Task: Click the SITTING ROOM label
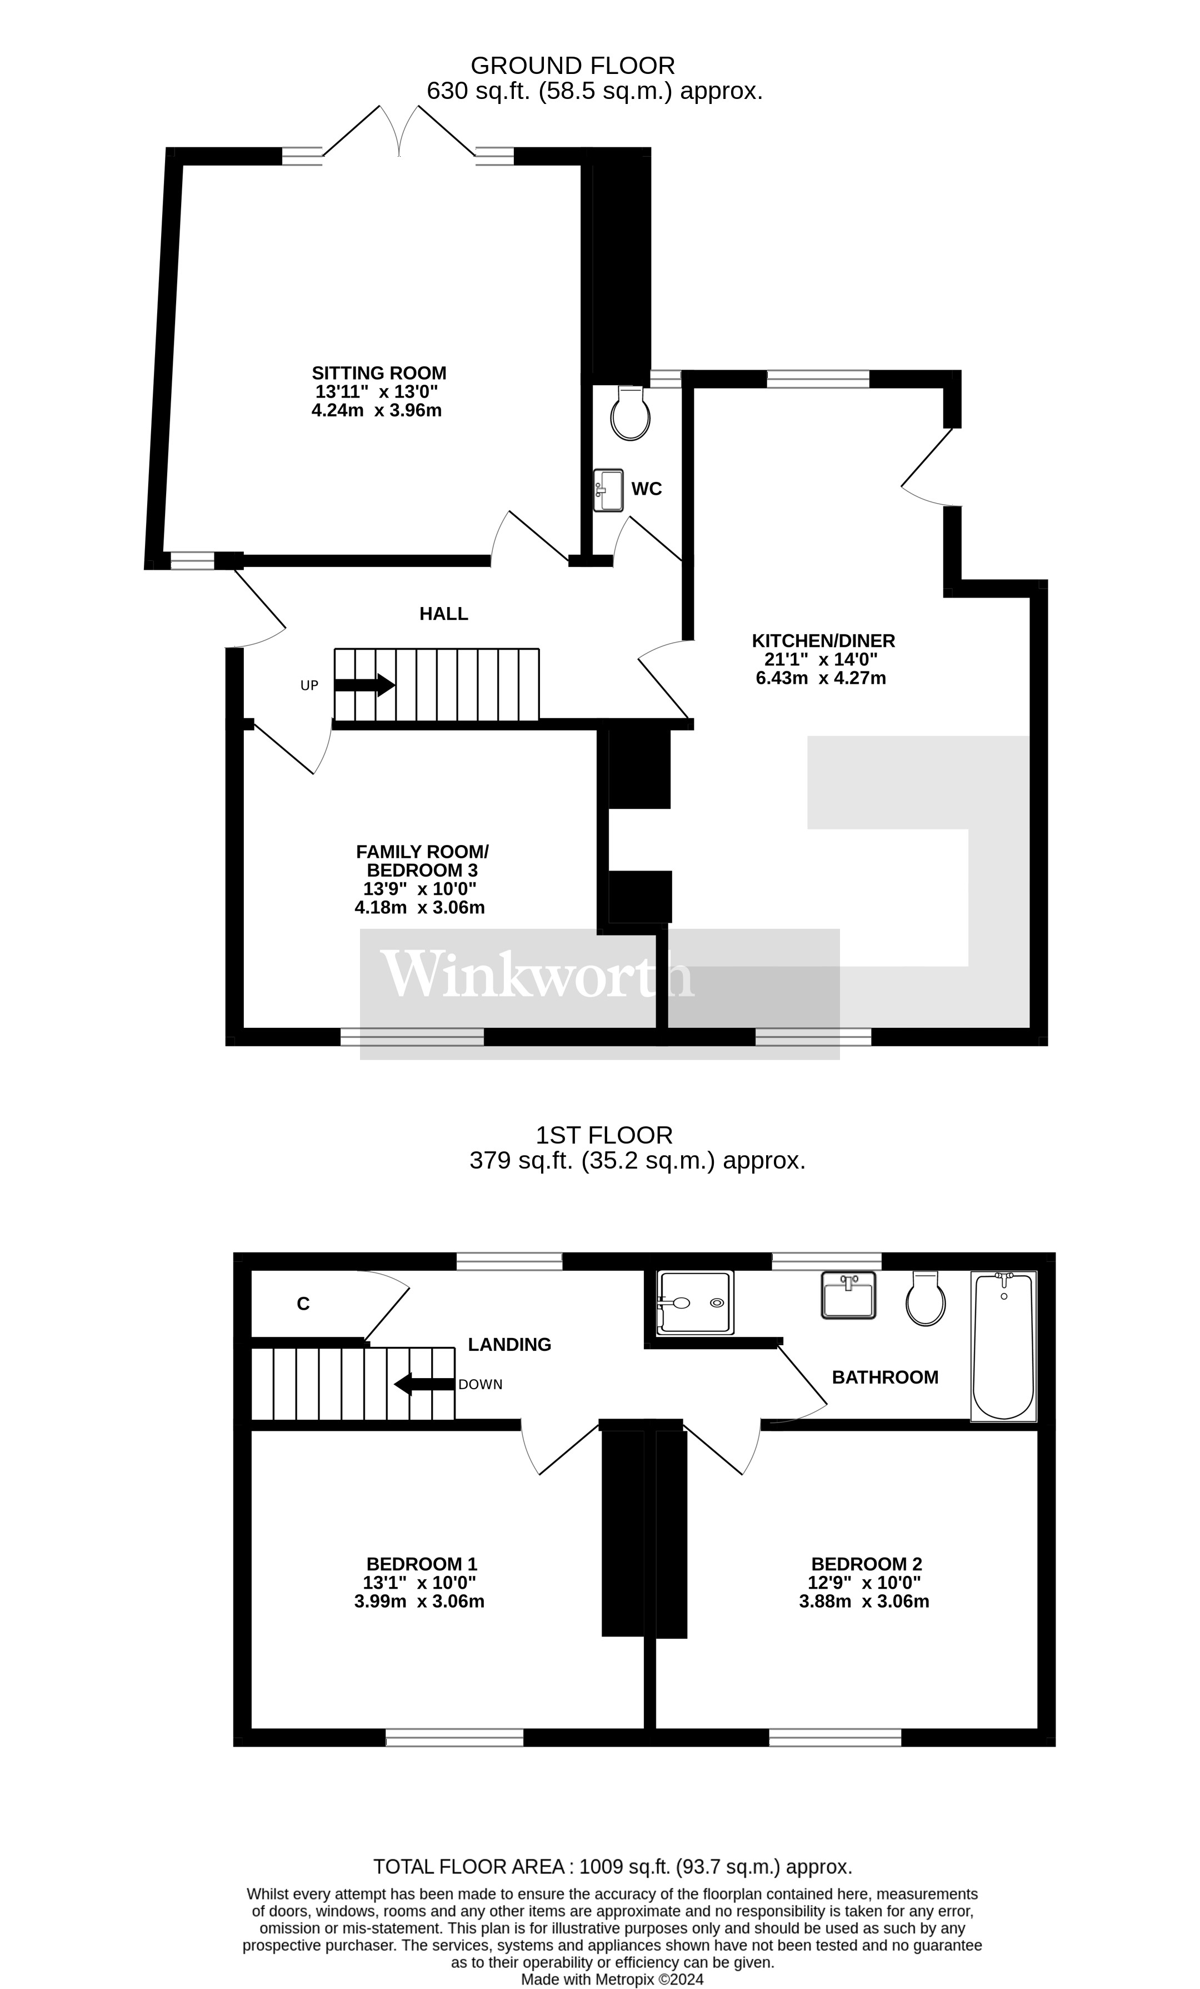pyautogui.click(x=378, y=373)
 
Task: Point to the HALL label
pyautogui.click(x=443, y=614)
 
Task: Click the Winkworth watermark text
pyautogui.click(x=537, y=975)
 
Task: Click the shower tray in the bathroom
pyautogui.click(x=696, y=1302)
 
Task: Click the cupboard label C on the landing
pyautogui.click(x=303, y=1304)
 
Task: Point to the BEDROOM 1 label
pyautogui.click(x=421, y=1564)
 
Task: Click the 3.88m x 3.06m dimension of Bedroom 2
pyautogui.click(x=863, y=1601)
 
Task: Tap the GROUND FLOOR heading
pyautogui.click(x=572, y=66)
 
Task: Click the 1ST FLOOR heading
pyautogui.click(x=604, y=1135)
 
